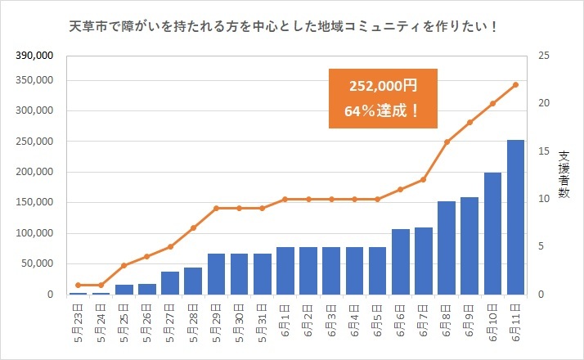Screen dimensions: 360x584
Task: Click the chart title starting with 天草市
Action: tap(285, 28)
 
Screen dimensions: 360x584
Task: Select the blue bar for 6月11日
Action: tap(516, 217)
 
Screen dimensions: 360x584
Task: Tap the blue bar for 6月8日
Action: tap(447, 247)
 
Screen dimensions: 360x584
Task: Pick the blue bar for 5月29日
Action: tap(216, 273)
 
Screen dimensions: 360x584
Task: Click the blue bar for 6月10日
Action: tap(493, 233)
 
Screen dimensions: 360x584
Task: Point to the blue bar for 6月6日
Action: tap(401, 261)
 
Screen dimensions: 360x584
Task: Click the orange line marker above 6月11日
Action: tap(516, 84)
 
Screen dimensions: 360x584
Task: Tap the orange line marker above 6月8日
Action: tap(447, 142)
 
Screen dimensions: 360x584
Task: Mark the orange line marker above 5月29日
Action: tap(216, 208)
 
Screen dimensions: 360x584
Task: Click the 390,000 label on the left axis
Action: tap(34, 56)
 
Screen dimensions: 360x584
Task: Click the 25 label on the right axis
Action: tap(541, 56)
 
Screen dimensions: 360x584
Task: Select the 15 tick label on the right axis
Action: tap(541, 151)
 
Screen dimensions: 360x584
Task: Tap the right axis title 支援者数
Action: tap(564, 175)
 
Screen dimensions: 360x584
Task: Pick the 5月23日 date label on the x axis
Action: tap(79, 322)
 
